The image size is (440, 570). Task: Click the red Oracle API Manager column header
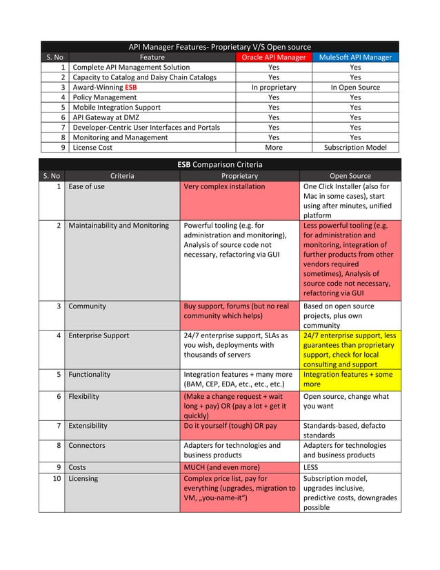click(273, 57)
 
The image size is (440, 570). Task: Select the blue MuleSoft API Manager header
click(354, 57)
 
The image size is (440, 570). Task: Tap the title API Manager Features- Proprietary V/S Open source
click(220, 47)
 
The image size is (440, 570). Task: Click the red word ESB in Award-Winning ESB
click(130, 88)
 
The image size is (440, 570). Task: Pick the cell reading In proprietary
click(273, 88)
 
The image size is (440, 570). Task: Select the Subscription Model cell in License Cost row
click(354, 147)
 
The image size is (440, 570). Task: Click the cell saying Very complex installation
click(224, 186)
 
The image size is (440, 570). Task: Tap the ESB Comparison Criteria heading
click(220, 164)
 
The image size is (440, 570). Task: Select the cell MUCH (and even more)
click(221, 467)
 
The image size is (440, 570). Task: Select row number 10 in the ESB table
click(57, 478)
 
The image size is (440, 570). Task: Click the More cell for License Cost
click(273, 147)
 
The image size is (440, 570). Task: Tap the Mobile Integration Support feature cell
click(117, 108)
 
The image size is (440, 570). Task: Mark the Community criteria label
click(87, 306)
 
